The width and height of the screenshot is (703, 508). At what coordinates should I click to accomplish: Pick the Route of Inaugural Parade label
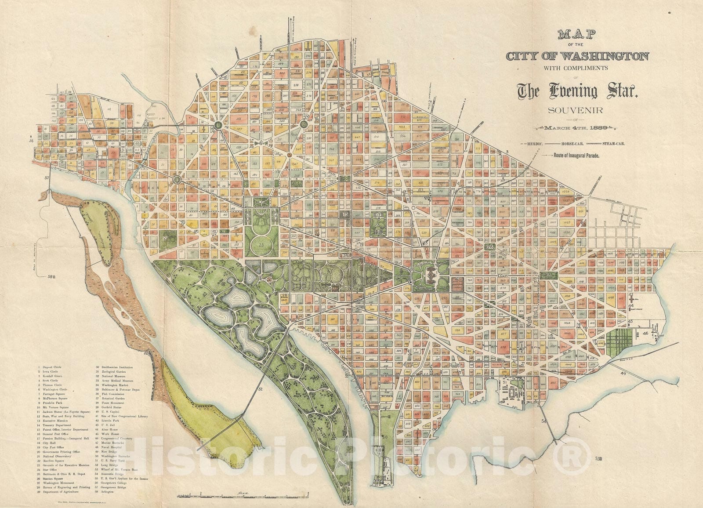(x=577, y=155)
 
